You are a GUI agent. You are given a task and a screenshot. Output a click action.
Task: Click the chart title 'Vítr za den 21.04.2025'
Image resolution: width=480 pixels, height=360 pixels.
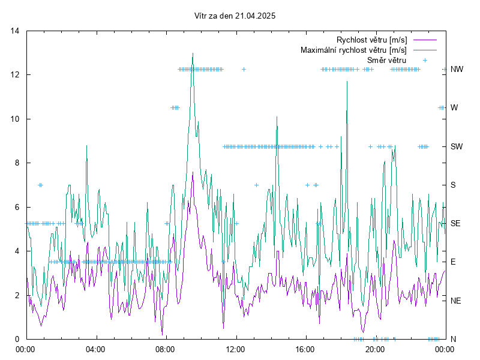[235, 16]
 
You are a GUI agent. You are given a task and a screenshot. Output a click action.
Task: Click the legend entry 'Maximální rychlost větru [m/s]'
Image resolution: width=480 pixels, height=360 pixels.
[354, 50]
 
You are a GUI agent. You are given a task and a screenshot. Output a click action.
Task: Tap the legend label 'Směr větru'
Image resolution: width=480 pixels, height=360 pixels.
[386, 60]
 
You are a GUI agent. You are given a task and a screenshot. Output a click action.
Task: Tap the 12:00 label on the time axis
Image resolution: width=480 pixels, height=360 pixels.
[235, 349]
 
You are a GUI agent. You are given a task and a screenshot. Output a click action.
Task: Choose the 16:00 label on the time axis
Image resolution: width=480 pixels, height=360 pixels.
[305, 349]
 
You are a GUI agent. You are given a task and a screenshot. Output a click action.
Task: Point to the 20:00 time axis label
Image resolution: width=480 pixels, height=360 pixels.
[375, 349]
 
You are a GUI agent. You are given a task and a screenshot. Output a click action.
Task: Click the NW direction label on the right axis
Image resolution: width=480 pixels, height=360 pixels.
[457, 70]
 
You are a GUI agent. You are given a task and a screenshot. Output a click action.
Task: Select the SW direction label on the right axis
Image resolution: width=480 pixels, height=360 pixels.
[457, 146]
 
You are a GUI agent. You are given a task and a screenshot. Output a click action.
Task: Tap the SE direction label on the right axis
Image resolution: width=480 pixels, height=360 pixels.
[456, 223]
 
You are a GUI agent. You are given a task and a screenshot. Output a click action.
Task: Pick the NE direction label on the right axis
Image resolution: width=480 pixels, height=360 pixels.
[456, 300]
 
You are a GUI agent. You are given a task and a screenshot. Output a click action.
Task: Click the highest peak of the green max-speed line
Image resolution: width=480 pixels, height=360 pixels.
[193, 53]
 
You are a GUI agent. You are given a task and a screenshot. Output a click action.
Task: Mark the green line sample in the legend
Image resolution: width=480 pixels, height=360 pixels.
[424, 50]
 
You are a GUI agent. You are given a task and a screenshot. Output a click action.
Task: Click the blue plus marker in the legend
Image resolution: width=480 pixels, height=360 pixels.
[425, 60]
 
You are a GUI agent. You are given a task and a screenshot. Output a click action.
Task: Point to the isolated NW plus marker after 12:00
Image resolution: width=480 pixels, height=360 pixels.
[244, 70]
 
